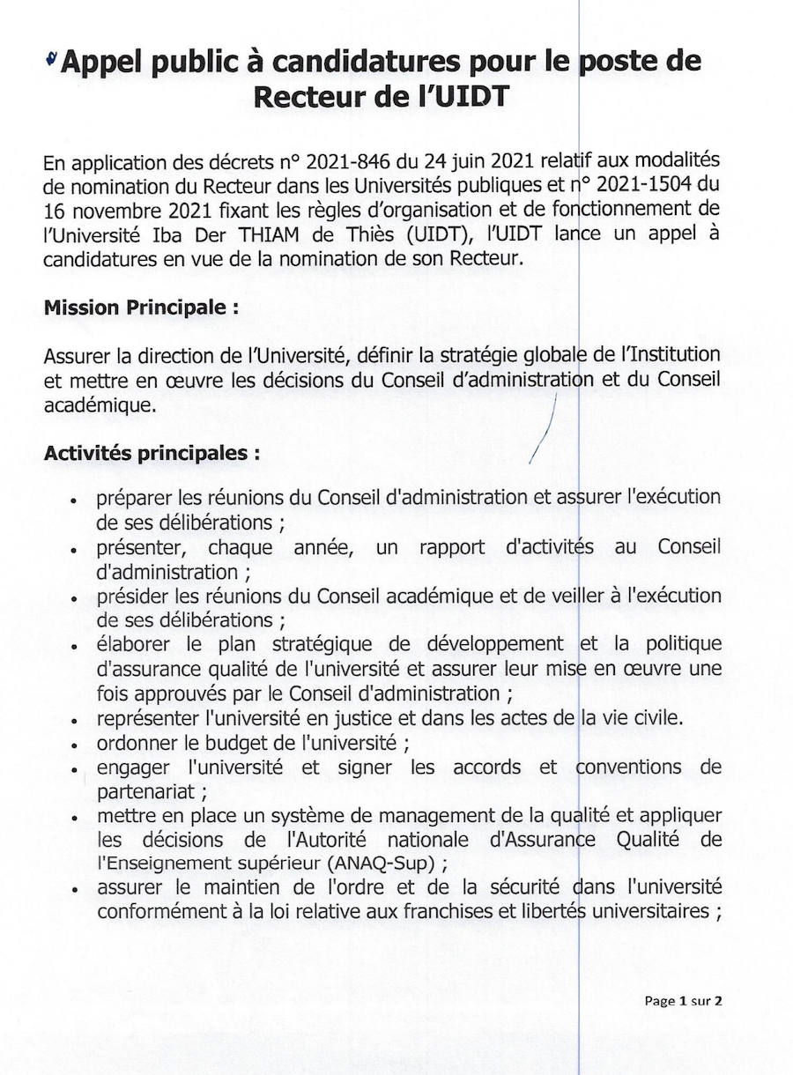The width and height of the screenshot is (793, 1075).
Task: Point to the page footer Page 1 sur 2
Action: (684, 1000)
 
